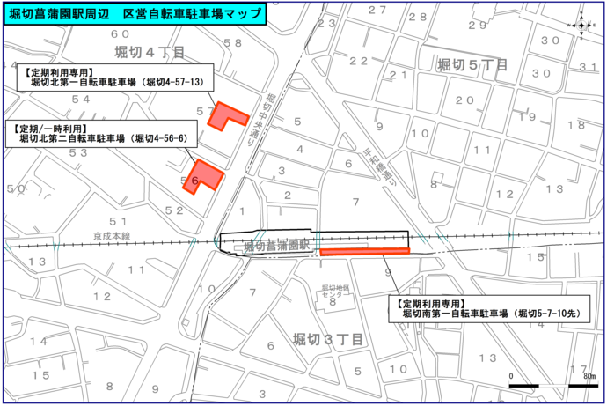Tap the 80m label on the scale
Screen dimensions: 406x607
pos(588,376)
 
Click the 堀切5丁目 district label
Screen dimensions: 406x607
pos(473,64)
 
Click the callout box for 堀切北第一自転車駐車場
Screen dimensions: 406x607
pos(113,78)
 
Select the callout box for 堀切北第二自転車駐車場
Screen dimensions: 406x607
pos(100,133)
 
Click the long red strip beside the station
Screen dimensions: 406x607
pos(365,252)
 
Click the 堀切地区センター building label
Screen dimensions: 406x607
pos(334,291)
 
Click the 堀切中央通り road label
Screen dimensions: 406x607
pos(260,119)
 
